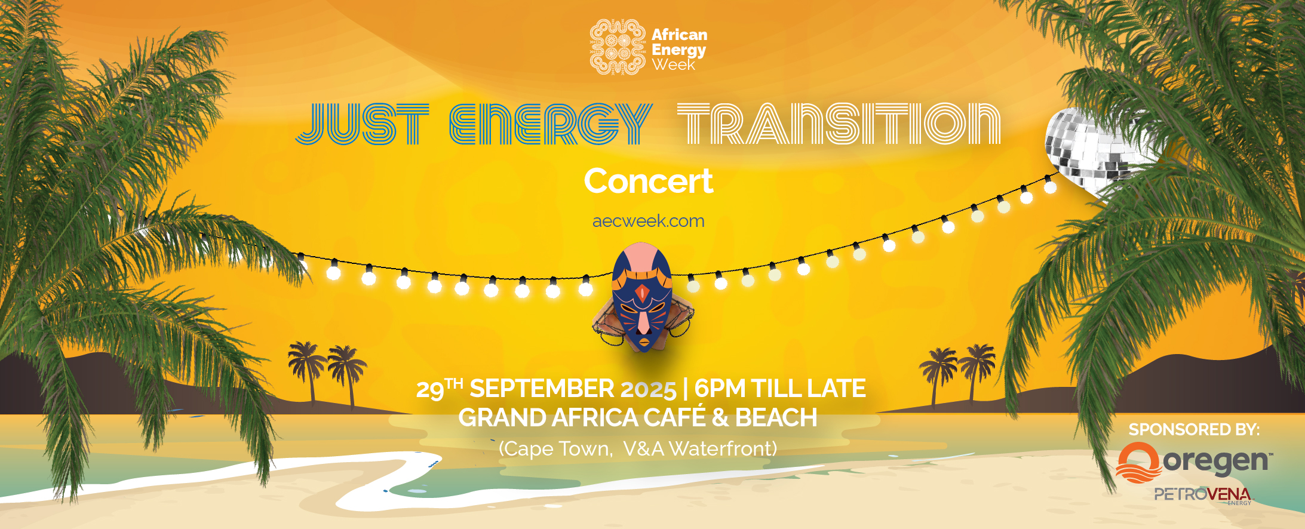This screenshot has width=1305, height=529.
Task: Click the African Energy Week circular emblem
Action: click(x=617, y=48)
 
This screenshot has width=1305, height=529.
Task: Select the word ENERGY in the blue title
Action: click(x=550, y=124)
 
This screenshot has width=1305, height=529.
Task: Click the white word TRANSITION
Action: click(x=839, y=124)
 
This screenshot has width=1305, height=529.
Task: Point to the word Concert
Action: click(x=648, y=181)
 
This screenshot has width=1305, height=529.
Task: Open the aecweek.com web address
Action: click(x=648, y=221)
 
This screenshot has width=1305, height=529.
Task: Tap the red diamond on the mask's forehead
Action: click(x=641, y=292)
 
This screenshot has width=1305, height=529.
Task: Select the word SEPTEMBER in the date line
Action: click(x=542, y=389)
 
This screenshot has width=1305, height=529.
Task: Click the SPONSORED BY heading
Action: click(x=1194, y=429)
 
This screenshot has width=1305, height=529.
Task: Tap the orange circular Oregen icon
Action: click(x=1138, y=463)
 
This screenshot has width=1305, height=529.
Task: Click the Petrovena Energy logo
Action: click(x=1202, y=495)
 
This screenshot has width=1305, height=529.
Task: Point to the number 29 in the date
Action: click(x=430, y=390)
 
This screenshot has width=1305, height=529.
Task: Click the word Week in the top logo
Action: click(x=674, y=65)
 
